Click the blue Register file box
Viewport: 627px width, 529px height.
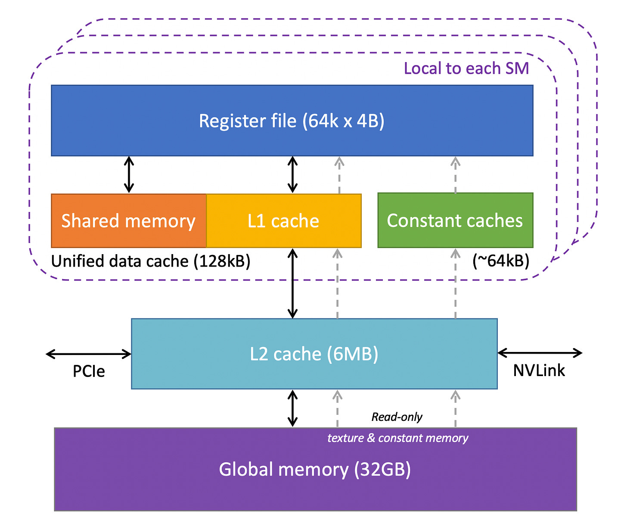click(292, 121)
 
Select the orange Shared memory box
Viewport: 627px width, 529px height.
click(129, 221)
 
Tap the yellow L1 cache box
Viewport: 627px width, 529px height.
click(283, 221)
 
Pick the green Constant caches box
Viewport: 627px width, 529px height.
click(455, 221)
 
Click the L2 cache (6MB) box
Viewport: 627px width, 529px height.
click(314, 354)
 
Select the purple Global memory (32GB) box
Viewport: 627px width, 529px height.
click(315, 469)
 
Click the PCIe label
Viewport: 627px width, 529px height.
click(89, 371)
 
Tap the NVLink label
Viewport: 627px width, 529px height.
click(539, 370)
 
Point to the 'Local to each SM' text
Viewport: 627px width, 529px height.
click(466, 68)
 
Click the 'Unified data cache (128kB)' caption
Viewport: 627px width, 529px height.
click(151, 261)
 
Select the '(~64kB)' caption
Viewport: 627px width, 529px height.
click(500, 261)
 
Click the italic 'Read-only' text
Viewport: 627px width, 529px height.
click(397, 417)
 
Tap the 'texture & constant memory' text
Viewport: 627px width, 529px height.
click(397, 438)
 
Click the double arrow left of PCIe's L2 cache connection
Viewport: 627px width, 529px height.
click(89, 354)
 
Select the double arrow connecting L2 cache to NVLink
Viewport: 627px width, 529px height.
click(540, 353)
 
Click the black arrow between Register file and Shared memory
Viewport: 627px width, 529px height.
click(129, 174)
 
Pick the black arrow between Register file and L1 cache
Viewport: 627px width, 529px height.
click(293, 174)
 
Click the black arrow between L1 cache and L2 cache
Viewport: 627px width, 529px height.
click(293, 283)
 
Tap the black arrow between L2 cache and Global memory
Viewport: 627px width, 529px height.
click(293, 408)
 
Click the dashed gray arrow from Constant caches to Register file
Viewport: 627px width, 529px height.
click(455, 174)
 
